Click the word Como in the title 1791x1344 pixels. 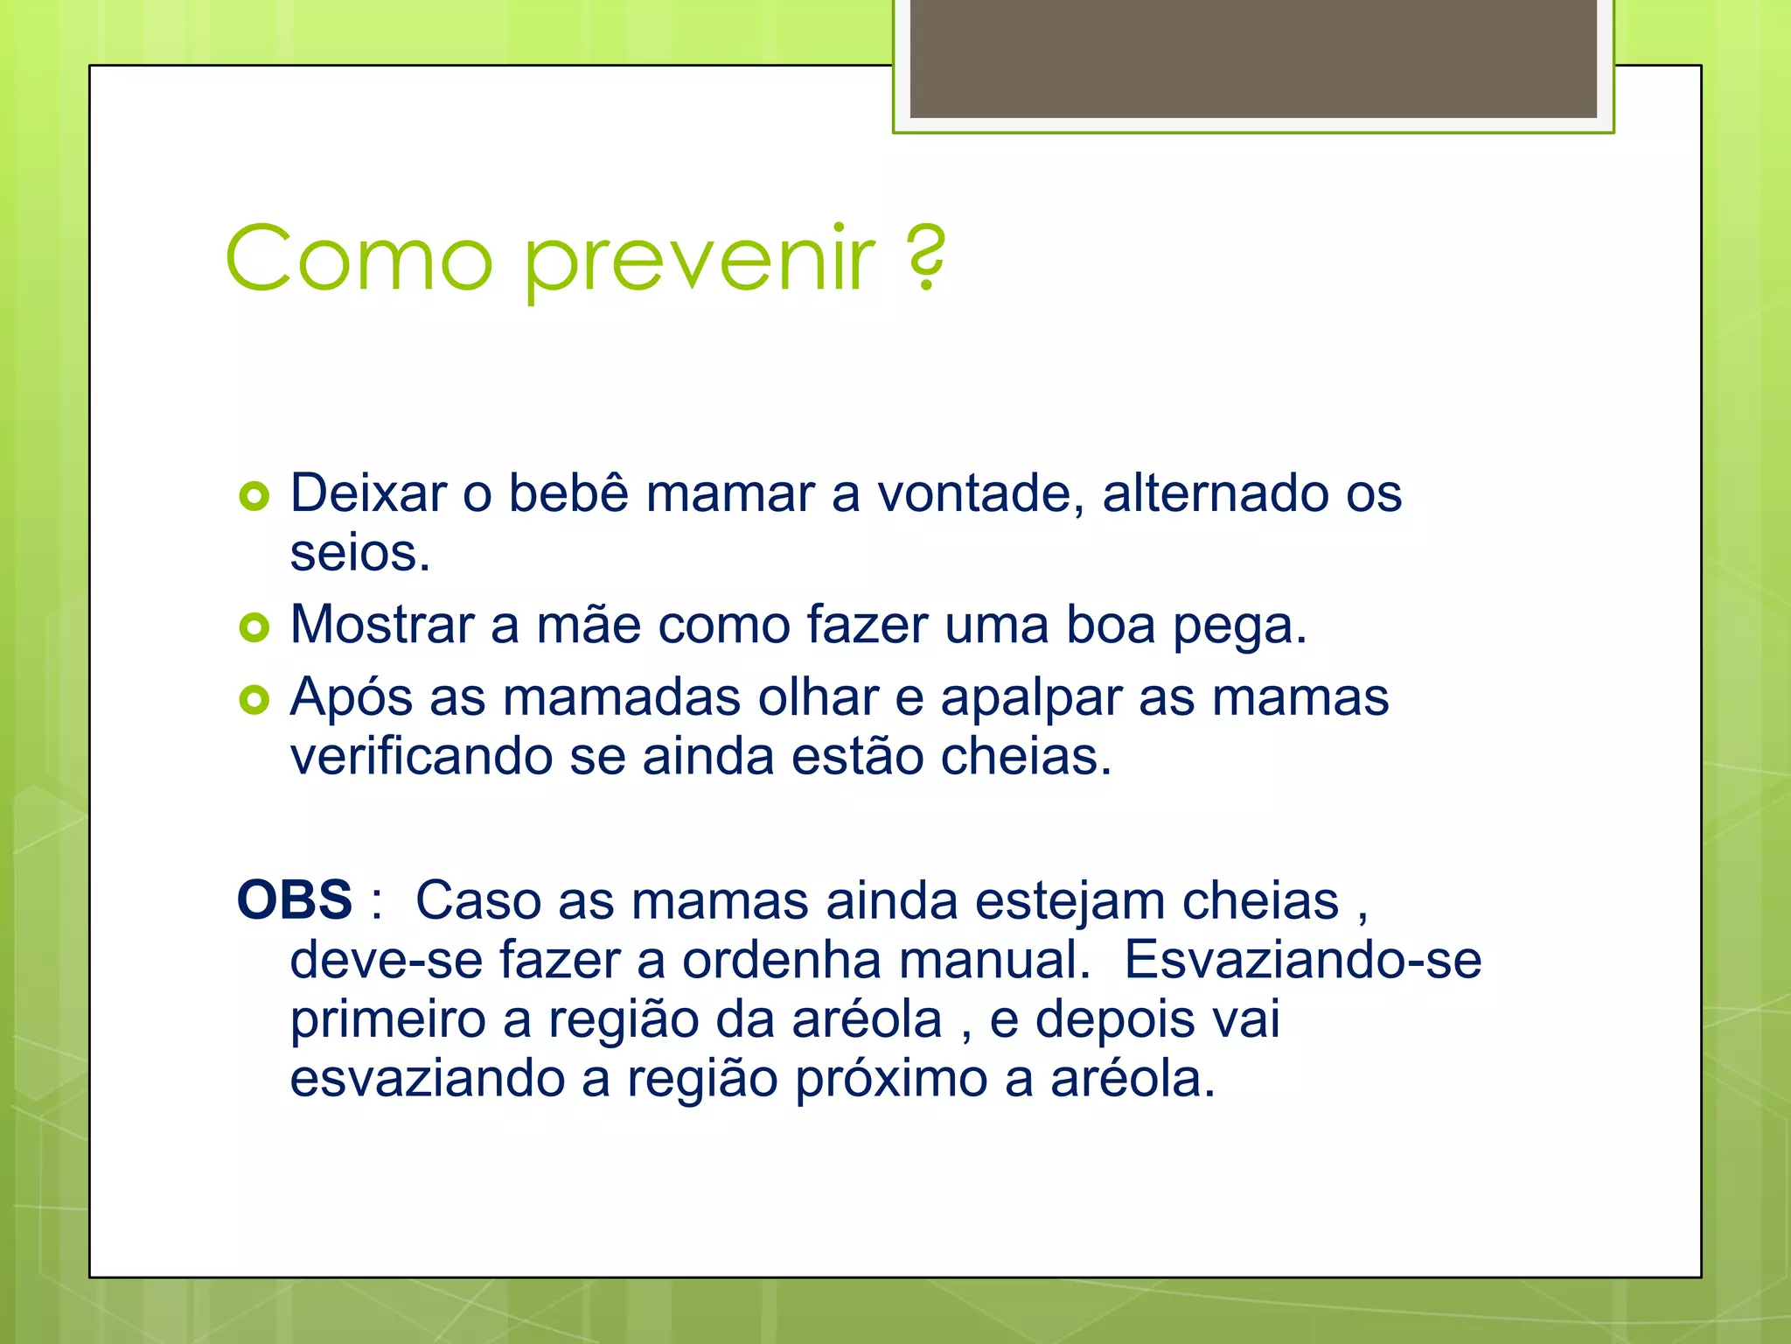pos(359,259)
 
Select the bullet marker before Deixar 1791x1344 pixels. pos(254,497)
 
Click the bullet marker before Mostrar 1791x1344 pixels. pos(254,627)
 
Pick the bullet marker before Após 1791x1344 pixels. pos(254,700)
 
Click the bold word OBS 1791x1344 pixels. pos(295,900)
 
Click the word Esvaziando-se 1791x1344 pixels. pos(1302,960)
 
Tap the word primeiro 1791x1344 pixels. pos(387,1020)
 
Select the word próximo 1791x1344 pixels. pos(891,1079)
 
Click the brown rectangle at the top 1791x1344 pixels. pos(1252,58)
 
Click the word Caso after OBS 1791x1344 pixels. pos(477,900)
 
